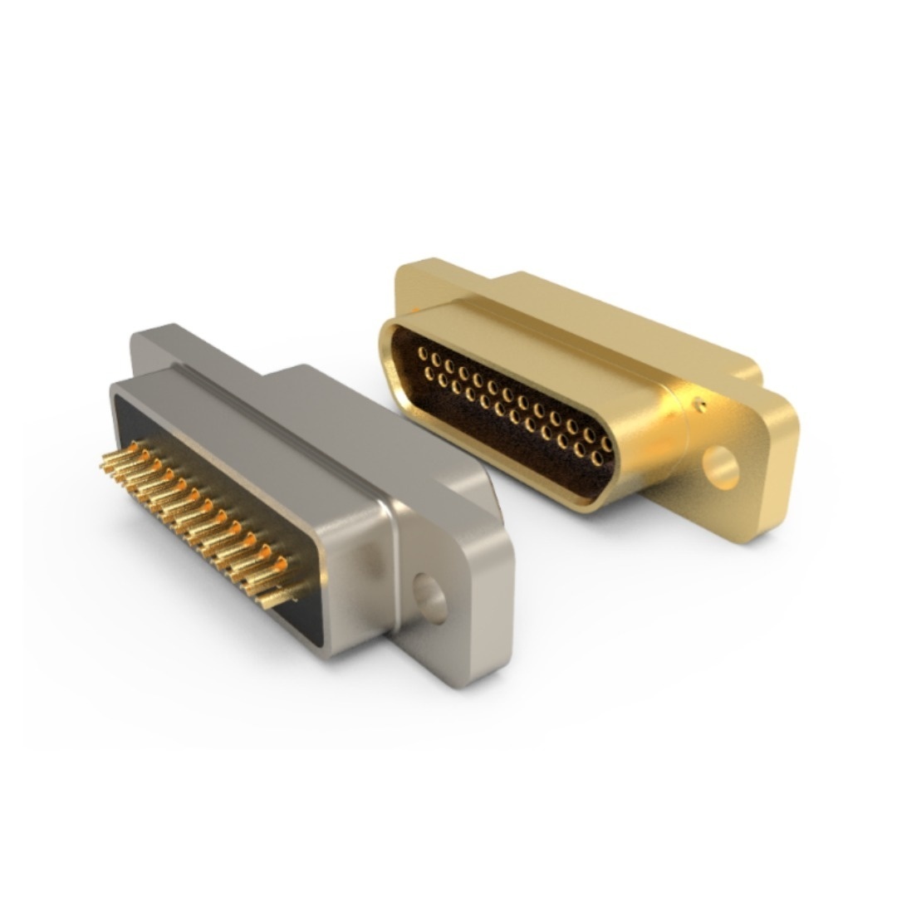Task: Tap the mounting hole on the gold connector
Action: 719,468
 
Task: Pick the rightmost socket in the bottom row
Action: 596,458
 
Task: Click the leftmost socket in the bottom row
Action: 429,376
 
